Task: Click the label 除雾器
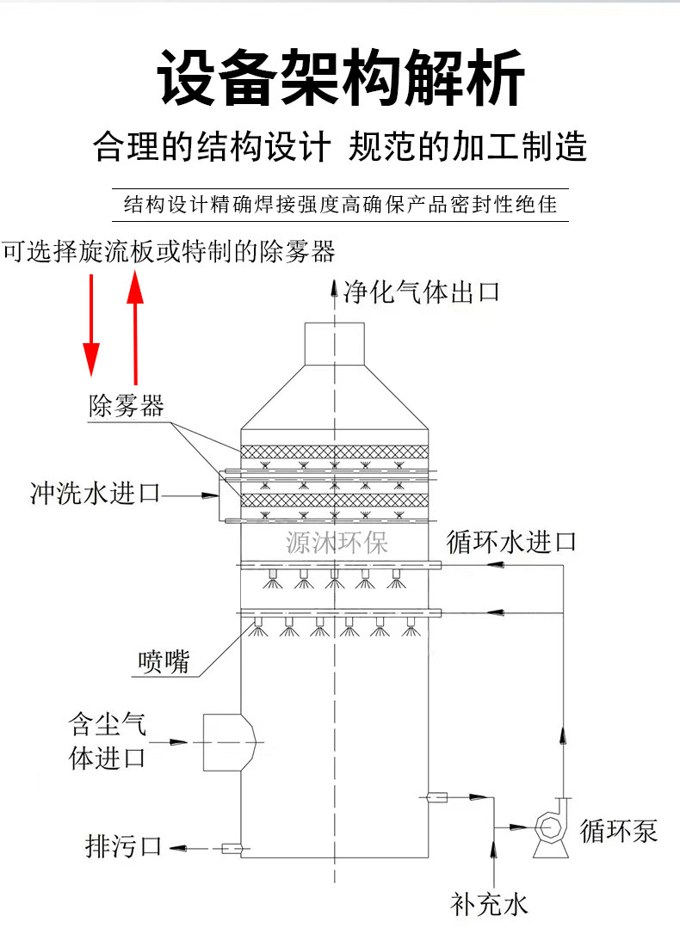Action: [x=126, y=406]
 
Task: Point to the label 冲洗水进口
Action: [x=95, y=495]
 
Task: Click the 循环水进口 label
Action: [x=511, y=542]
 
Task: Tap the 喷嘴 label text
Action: [x=163, y=661]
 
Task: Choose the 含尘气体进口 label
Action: [x=107, y=741]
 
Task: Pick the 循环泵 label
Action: [x=619, y=831]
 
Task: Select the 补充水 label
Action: [x=489, y=904]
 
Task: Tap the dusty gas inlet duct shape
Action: [x=227, y=741]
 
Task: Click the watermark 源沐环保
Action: [x=337, y=543]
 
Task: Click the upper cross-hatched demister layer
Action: [x=334, y=452]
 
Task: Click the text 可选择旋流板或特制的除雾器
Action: [x=168, y=252]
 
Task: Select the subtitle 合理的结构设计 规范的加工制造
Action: [x=340, y=147]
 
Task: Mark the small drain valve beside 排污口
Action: [x=231, y=849]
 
